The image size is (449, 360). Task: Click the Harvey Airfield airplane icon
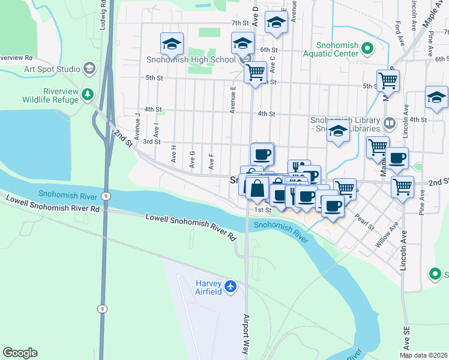coord(231,287)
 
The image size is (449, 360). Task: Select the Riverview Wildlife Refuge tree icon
coord(88,94)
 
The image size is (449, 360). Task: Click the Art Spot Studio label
coord(52,68)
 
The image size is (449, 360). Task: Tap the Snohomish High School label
coord(191,59)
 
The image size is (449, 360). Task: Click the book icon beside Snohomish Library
coord(390,124)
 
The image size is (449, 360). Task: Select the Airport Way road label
coord(246,333)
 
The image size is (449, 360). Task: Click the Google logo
coord(20,353)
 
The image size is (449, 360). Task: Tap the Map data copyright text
coord(423,355)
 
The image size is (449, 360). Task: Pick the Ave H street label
coord(174,154)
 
